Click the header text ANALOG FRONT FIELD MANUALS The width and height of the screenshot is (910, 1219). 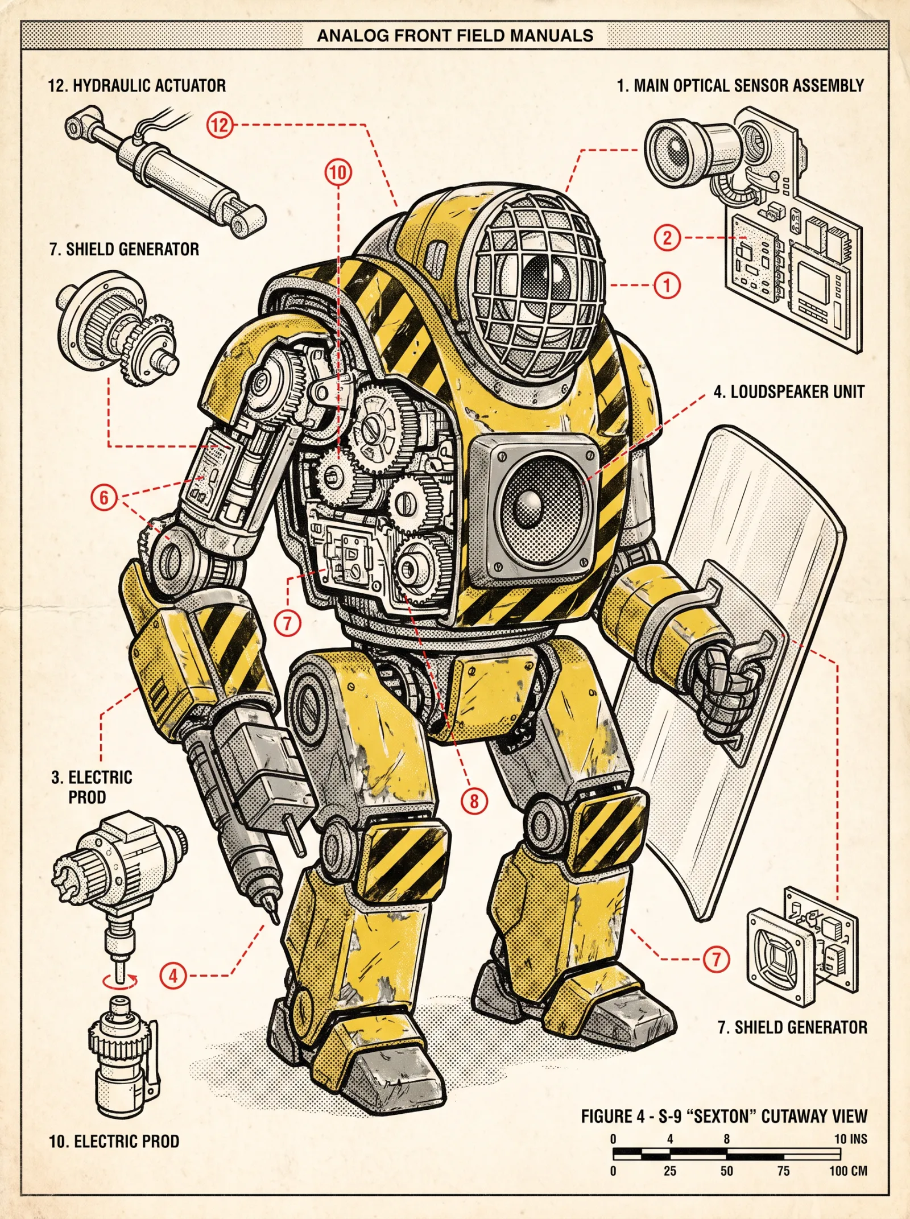click(455, 36)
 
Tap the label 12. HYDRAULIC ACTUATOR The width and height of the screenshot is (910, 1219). click(137, 86)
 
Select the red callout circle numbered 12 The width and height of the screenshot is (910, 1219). click(220, 125)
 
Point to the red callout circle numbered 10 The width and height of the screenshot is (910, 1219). click(338, 172)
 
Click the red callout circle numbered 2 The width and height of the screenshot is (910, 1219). click(667, 237)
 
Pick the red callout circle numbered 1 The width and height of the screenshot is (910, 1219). click(667, 285)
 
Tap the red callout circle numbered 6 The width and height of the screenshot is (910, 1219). click(104, 497)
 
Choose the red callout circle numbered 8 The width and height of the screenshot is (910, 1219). click(474, 801)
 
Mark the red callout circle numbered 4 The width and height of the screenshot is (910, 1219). click(173, 976)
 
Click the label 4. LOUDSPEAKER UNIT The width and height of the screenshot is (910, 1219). click(789, 392)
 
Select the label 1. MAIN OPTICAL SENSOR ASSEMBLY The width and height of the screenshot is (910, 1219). click(741, 86)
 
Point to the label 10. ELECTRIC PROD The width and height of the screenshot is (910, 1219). click(114, 1141)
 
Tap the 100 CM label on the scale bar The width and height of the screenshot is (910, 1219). click(848, 1171)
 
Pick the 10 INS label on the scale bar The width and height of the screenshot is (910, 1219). click(851, 1139)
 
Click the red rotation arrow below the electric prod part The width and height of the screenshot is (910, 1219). click(120, 980)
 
